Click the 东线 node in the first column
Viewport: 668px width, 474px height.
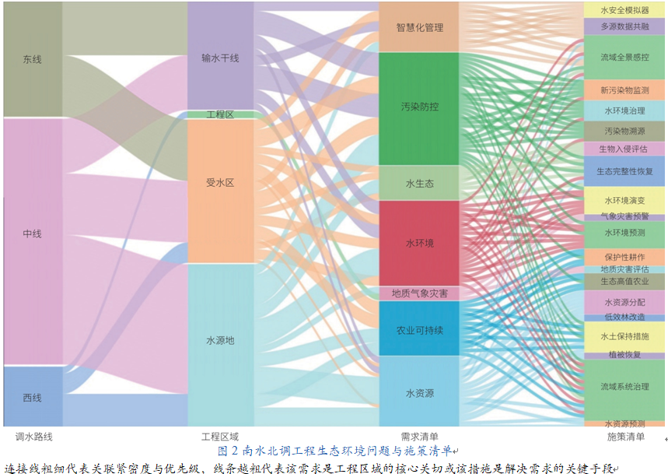[x=33, y=59]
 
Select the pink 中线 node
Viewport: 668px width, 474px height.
[x=33, y=241]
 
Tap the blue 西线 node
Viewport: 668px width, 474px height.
[x=33, y=396]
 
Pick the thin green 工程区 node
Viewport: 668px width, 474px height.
[x=221, y=114]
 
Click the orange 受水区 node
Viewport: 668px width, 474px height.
[x=221, y=191]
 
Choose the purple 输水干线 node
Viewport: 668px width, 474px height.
[x=221, y=56]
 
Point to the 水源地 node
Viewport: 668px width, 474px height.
[x=221, y=345]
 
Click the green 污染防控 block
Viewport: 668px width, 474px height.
[x=419, y=109]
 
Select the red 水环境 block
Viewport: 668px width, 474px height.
[x=419, y=243]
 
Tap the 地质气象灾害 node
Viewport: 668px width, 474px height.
[x=419, y=293]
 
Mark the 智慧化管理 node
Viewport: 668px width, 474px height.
[x=419, y=27]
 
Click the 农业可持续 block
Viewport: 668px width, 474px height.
[x=419, y=328]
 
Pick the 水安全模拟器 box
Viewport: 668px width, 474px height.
[x=624, y=10]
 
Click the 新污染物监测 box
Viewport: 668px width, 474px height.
[x=624, y=90]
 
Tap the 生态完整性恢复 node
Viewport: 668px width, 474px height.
[x=624, y=171]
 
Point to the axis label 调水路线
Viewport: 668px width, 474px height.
[x=33, y=437]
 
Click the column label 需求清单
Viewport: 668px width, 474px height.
[x=419, y=437]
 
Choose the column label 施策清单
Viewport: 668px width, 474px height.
[x=625, y=437]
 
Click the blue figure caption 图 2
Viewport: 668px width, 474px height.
[x=228, y=451]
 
